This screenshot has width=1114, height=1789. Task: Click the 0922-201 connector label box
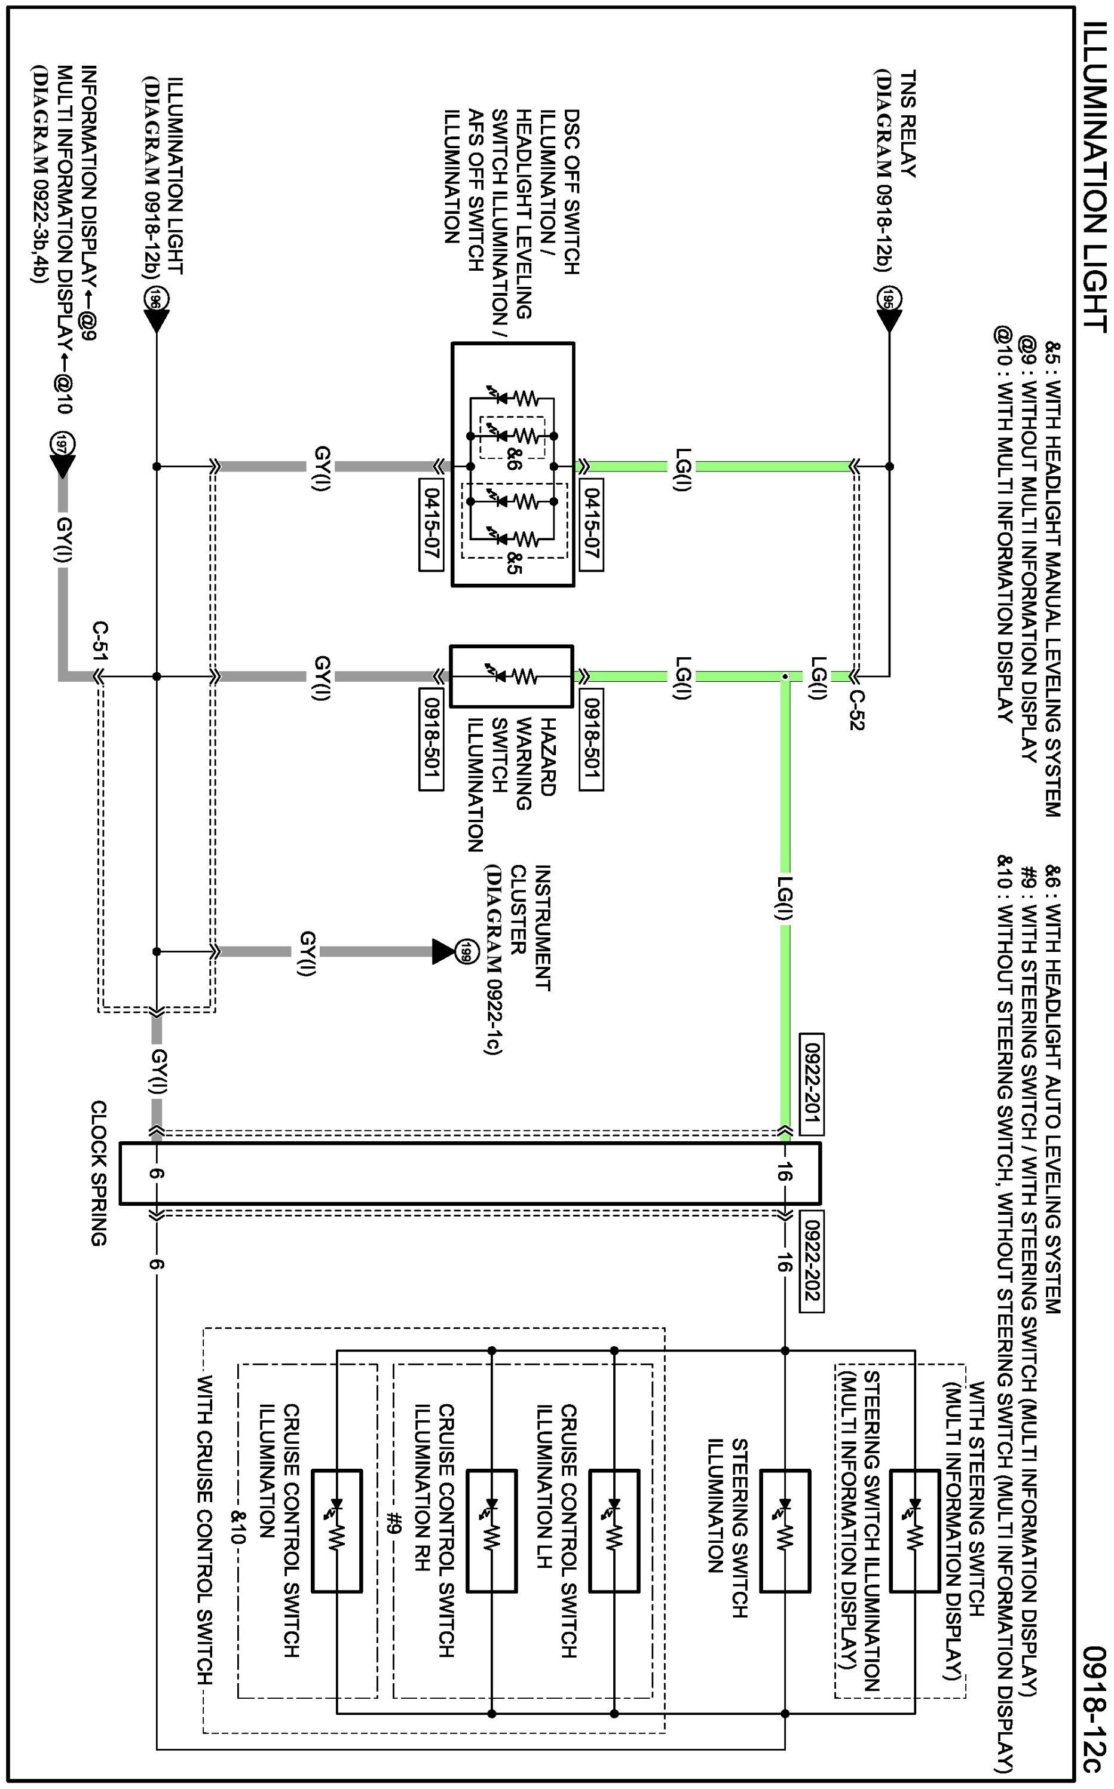tap(811, 1084)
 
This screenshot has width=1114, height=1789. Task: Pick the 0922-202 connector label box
tap(811, 1261)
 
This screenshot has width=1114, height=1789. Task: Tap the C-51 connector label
tap(101, 642)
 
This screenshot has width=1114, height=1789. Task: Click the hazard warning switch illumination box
tap(512, 676)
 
